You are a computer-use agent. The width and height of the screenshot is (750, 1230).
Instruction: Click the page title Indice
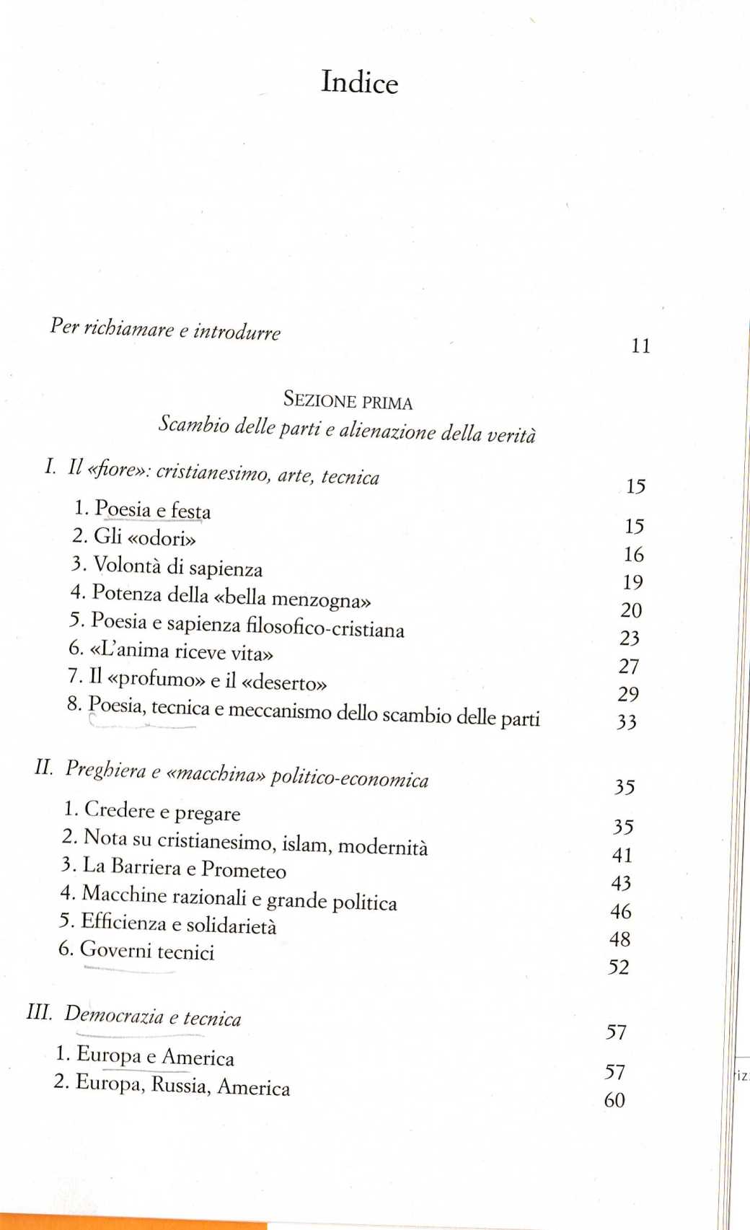pos(359,82)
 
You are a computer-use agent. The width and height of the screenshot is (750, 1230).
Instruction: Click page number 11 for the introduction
pos(640,346)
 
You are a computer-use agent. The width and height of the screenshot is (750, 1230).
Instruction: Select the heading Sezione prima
pos(348,400)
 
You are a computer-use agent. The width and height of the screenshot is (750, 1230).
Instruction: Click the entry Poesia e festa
pos(152,510)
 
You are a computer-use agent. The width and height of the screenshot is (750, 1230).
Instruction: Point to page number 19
pos(632,582)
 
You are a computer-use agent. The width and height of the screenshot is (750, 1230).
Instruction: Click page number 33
pos(626,722)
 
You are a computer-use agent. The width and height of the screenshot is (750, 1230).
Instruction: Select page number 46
pos(620,912)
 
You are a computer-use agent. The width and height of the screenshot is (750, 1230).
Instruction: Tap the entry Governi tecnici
pos(146,951)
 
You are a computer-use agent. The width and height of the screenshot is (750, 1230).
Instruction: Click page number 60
pos(614,1100)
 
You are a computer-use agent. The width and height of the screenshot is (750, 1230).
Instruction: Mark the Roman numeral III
pos(39,1011)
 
